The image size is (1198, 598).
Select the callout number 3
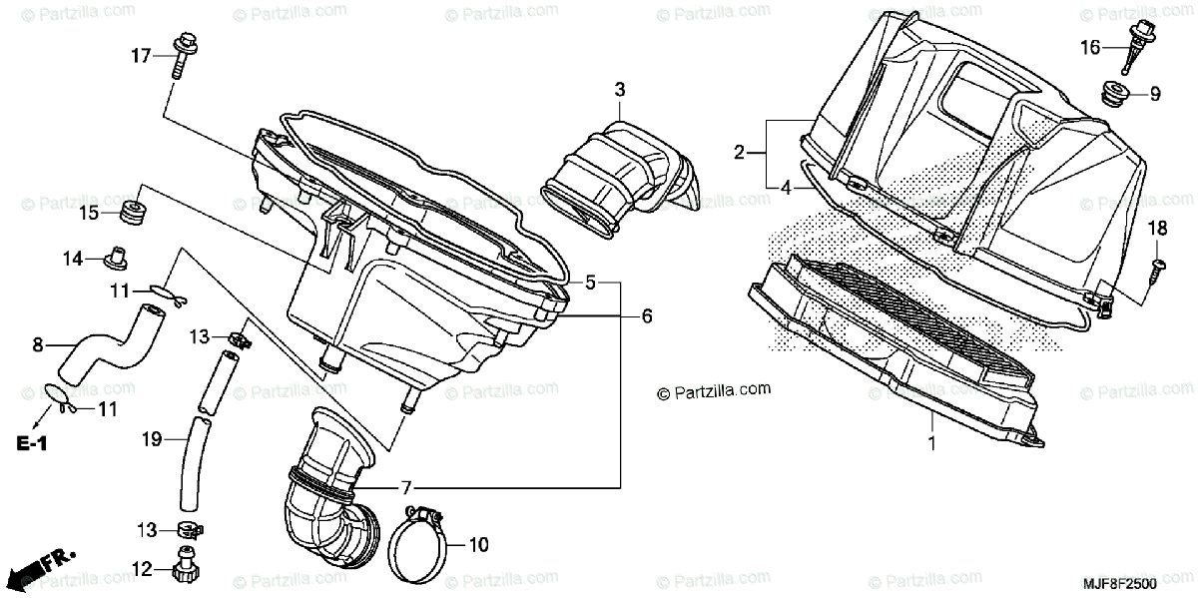tap(619, 91)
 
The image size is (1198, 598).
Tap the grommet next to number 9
tap(1117, 96)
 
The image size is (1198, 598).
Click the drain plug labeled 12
tap(184, 566)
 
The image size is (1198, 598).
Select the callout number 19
tap(151, 437)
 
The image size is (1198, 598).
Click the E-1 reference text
tap(30, 441)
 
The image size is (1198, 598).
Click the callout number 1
tap(932, 443)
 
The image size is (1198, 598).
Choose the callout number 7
tap(405, 488)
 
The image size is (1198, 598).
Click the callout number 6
tap(646, 316)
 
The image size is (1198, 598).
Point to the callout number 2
tap(739, 153)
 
